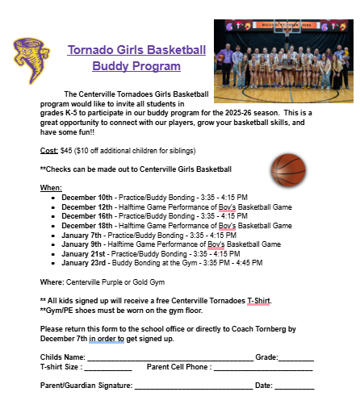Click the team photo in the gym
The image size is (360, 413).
(x=283, y=56)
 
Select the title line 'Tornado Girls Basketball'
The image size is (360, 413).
(x=137, y=50)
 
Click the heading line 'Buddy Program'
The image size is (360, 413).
(x=136, y=66)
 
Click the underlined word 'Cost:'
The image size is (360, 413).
(x=48, y=151)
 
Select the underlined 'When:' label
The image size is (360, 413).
(x=51, y=187)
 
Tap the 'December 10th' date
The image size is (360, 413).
(x=87, y=197)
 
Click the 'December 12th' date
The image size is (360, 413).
(x=87, y=206)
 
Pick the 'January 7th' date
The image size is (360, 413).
(x=82, y=235)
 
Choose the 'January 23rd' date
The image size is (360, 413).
(x=84, y=263)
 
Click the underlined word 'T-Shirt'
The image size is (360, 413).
(x=258, y=300)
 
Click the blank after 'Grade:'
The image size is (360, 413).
(x=295, y=357)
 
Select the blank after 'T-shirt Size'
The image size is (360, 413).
(x=107, y=368)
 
